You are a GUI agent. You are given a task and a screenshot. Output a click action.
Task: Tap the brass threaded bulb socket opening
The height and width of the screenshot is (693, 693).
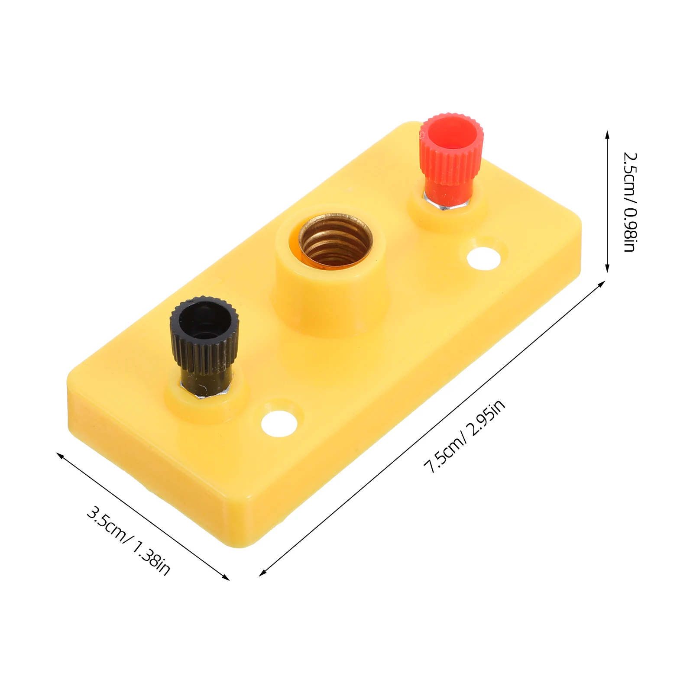[335, 243]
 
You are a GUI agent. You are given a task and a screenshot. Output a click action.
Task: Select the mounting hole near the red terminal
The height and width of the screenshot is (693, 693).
[484, 257]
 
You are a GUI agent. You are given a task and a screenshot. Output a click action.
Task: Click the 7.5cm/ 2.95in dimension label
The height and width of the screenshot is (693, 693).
[464, 437]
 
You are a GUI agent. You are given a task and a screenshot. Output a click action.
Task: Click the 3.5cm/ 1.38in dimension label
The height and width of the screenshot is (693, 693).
[129, 541]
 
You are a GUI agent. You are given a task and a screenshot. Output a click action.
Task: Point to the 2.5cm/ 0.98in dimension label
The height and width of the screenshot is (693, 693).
[629, 202]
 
